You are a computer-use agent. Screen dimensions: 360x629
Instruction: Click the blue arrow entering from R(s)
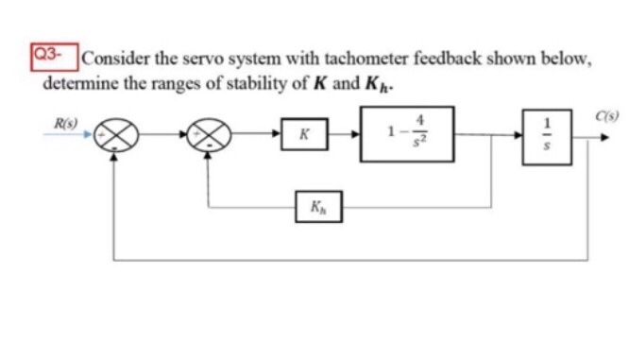pos(78,135)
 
